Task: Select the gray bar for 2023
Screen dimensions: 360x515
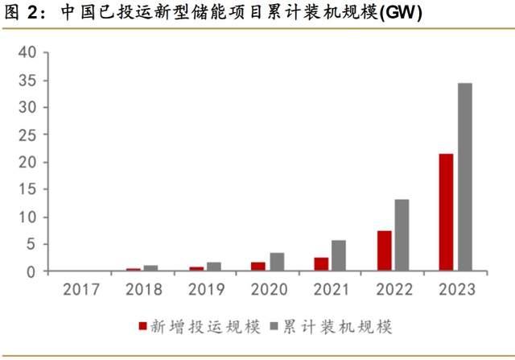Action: click(x=464, y=177)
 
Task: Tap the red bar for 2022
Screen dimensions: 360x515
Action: click(x=384, y=251)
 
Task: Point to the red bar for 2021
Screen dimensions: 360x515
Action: click(x=321, y=264)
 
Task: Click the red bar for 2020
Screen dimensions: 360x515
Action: click(x=258, y=267)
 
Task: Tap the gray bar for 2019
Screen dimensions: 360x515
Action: click(x=214, y=267)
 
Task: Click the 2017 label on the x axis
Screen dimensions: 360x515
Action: click(x=80, y=289)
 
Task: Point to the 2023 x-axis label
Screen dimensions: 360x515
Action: click(x=455, y=289)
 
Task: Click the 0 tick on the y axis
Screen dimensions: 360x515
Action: click(x=32, y=272)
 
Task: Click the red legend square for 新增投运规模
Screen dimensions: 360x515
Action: click(x=143, y=326)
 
